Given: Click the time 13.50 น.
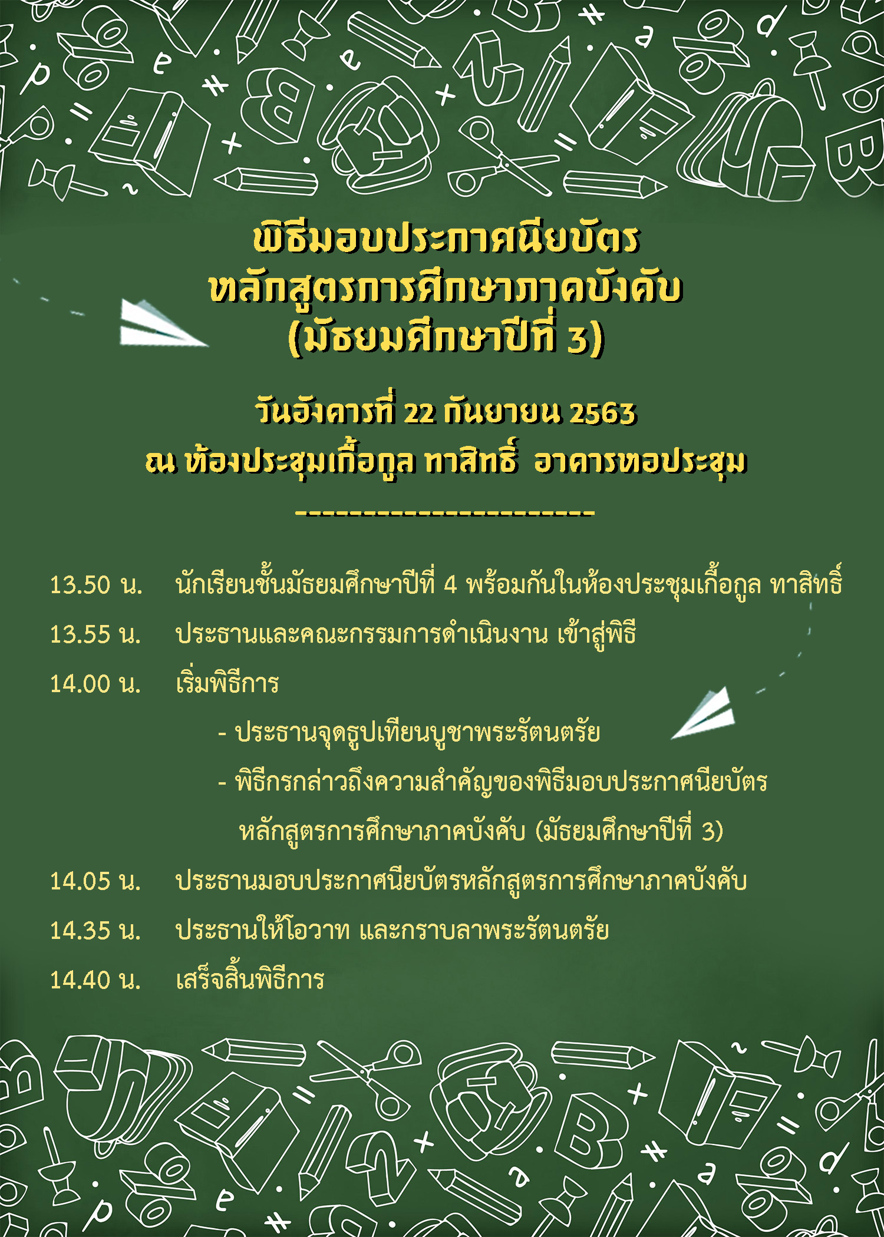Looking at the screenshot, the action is click(x=96, y=584).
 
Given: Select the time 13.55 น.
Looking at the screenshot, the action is click(x=96, y=634).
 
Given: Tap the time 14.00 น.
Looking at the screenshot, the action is click(x=96, y=683).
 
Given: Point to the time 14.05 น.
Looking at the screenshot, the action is click(x=96, y=881).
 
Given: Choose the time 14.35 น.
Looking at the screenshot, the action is click(x=96, y=930).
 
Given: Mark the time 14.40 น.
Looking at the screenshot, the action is click(x=96, y=980).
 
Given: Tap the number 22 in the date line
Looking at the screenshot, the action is click(x=420, y=413).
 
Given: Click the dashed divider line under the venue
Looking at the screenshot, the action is click(x=445, y=512).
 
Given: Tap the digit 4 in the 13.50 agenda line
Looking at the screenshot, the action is click(x=450, y=584).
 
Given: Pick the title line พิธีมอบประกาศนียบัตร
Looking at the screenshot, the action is click(x=446, y=238).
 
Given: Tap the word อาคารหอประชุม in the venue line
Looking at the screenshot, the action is click(x=641, y=462).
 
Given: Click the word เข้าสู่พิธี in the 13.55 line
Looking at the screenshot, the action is click(x=596, y=633).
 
